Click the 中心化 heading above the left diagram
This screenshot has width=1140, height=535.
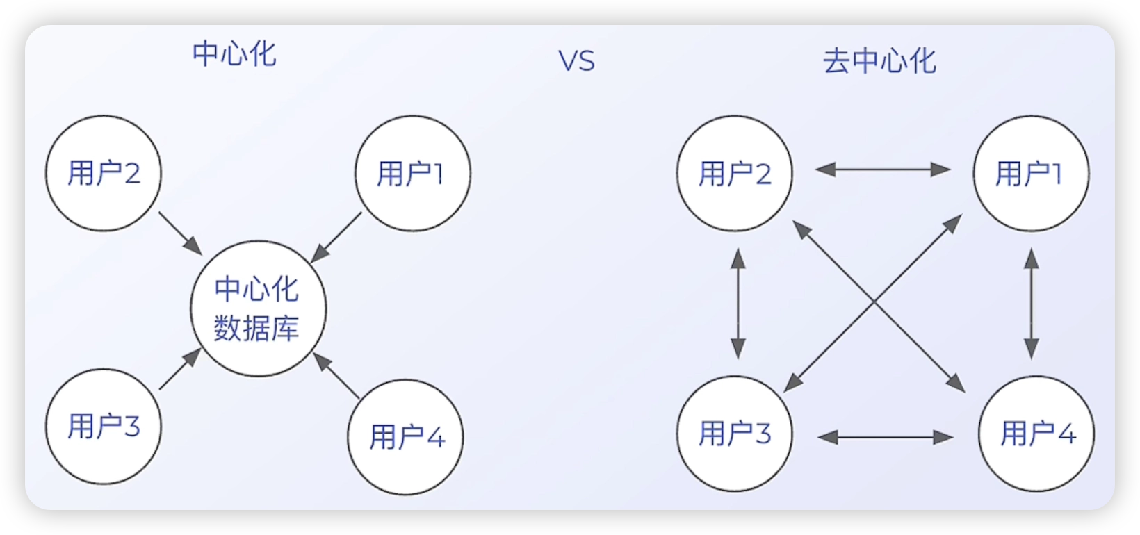pyautogui.click(x=235, y=54)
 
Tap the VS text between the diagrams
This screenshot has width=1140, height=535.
pyautogui.click(x=577, y=61)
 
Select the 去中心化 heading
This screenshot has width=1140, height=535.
pyautogui.click(x=880, y=62)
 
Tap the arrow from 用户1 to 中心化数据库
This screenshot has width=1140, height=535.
pyautogui.click(x=336, y=238)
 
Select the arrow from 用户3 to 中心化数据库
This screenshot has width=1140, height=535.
pyautogui.click(x=181, y=369)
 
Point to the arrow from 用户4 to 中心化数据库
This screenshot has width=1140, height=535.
pyautogui.click(x=336, y=375)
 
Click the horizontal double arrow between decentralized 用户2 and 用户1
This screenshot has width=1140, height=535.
pyautogui.click(x=883, y=170)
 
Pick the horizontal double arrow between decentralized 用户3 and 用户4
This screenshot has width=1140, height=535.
pyautogui.click(x=886, y=437)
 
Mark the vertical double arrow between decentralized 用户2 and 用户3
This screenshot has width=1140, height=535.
pyautogui.click(x=738, y=304)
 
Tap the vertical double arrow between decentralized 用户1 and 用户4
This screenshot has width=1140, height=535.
pyautogui.click(x=1032, y=304)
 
